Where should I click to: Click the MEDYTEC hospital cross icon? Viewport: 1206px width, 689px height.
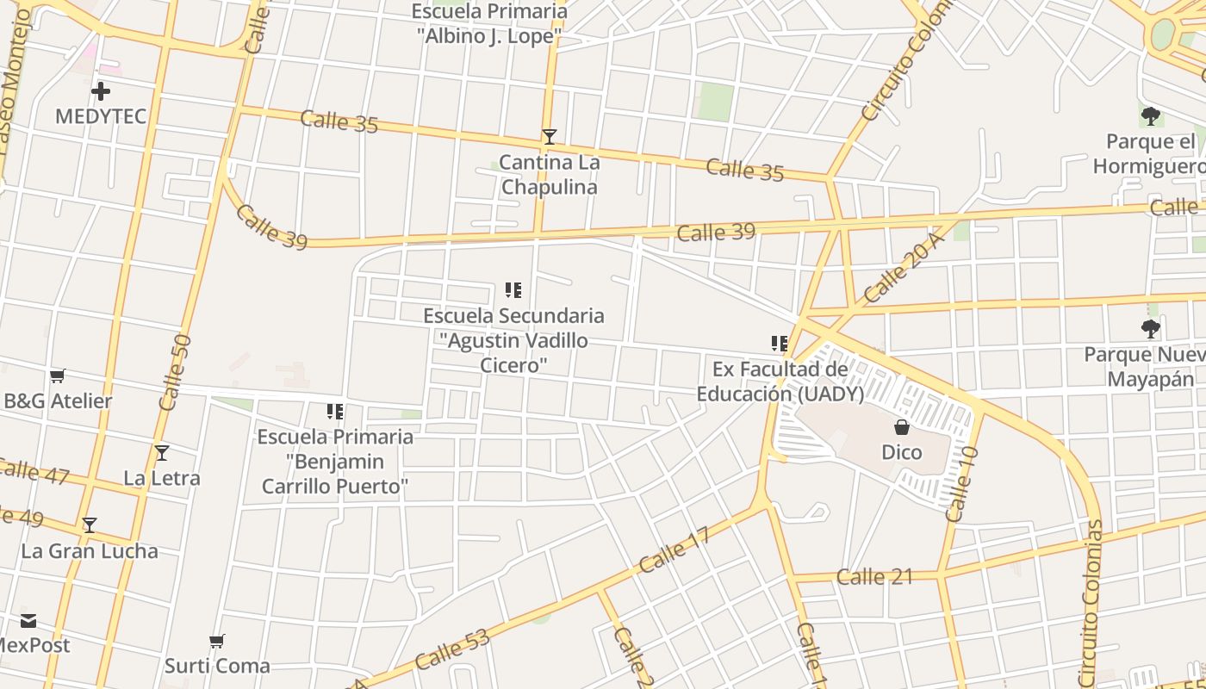coord(101,90)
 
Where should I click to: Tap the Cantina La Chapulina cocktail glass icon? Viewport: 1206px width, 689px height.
coord(549,136)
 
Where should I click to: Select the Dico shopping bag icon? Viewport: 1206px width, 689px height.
coord(901,426)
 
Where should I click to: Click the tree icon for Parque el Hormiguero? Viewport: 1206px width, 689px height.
coord(1150,115)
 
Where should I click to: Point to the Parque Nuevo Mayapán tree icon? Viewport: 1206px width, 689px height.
coord(1150,328)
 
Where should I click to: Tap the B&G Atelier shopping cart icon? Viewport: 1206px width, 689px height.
coord(58,376)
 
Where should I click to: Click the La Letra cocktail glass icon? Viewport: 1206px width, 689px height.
coord(161,452)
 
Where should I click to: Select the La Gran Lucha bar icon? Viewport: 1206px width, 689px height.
coord(89,525)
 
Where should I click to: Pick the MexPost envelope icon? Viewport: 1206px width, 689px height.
coord(28,620)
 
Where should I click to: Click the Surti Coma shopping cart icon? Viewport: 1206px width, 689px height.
coord(217,641)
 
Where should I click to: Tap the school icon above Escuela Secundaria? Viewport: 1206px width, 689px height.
coord(513,290)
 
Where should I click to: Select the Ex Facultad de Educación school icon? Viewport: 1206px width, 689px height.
coord(780,344)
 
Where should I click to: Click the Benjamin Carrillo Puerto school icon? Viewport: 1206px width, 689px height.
coord(335,412)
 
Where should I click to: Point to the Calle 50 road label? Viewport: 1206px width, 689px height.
coord(175,372)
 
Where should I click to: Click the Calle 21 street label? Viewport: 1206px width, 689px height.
coord(874,576)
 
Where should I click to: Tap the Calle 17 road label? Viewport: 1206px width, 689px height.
coord(674,550)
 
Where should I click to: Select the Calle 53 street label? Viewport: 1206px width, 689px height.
coord(452,649)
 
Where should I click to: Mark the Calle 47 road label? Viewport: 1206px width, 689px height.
coord(34,472)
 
